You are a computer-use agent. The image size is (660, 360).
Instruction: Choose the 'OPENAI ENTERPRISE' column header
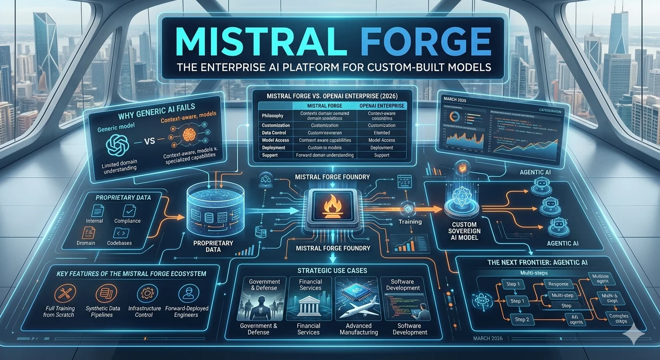381,106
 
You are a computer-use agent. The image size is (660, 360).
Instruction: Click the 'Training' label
410,221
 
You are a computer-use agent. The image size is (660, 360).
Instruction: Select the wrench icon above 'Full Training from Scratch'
62,294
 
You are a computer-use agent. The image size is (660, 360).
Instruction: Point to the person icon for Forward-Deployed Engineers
187,294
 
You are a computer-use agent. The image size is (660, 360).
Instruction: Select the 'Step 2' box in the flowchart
522,319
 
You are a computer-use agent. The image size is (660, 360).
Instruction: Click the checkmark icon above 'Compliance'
127,210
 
